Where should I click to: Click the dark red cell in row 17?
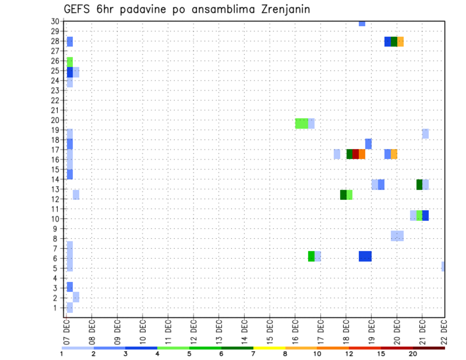click(x=356, y=154)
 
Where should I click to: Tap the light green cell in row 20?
click(x=301, y=123)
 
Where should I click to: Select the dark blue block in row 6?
click(x=365, y=256)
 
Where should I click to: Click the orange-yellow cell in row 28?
click(x=400, y=42)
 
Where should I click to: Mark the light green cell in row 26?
click(x=70, y=62)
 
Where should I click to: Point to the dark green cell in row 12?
click(x=343, y=195)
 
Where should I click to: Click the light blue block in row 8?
click(x=397, y=236)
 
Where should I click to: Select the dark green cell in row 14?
click(x=419, y=184)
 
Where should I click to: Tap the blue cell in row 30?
click(x=362, y=23)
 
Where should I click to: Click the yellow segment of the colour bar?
click(x=269, y=348)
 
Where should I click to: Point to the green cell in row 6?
click(x=311, y=256)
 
